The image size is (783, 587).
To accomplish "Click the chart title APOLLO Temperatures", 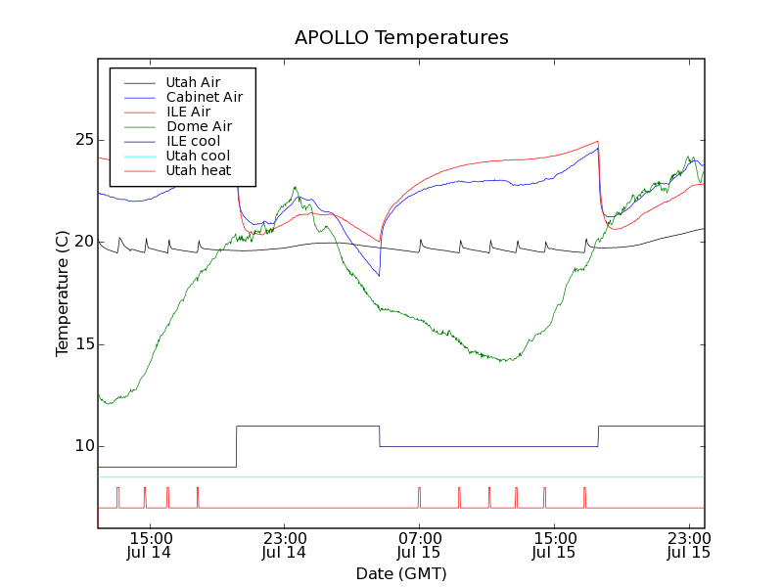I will (401, 38).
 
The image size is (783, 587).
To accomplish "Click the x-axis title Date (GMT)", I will (401, 573).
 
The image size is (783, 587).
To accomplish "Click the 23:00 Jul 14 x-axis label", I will (284, 545).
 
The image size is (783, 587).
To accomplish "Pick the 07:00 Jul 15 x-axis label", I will (419, 545).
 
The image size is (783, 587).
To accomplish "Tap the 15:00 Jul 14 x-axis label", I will (149, 545).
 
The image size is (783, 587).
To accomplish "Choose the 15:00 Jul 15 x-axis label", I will (554, 545).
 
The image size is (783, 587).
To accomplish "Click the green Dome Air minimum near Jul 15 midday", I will (505, 361).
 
